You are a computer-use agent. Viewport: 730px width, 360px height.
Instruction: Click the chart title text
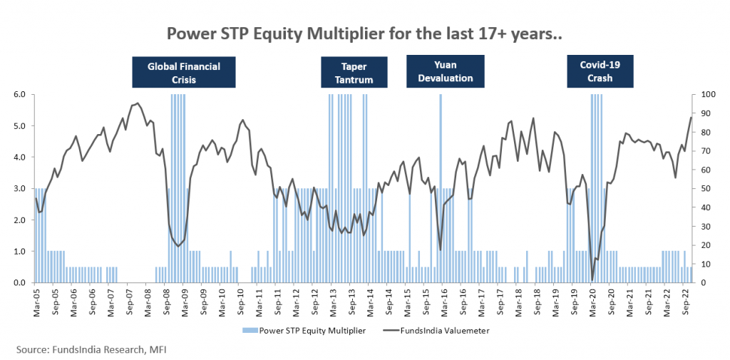tap(364, 34)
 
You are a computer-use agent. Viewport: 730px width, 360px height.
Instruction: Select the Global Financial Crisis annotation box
tap(184, 73)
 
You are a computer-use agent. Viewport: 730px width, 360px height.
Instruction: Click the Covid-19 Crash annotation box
tap(600, 71)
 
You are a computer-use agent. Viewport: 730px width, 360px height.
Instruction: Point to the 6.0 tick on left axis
tap(19, 95)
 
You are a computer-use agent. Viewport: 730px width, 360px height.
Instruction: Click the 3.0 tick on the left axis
tap(19, 189)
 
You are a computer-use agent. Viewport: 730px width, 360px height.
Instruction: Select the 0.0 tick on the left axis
tap(19, 283)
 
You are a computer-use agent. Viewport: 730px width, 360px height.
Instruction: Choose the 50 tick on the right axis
tap(704, 189)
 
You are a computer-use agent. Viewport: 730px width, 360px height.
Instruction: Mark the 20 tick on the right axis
tap(704, 245)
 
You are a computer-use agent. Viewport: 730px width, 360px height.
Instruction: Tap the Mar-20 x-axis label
tap(592, 299)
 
